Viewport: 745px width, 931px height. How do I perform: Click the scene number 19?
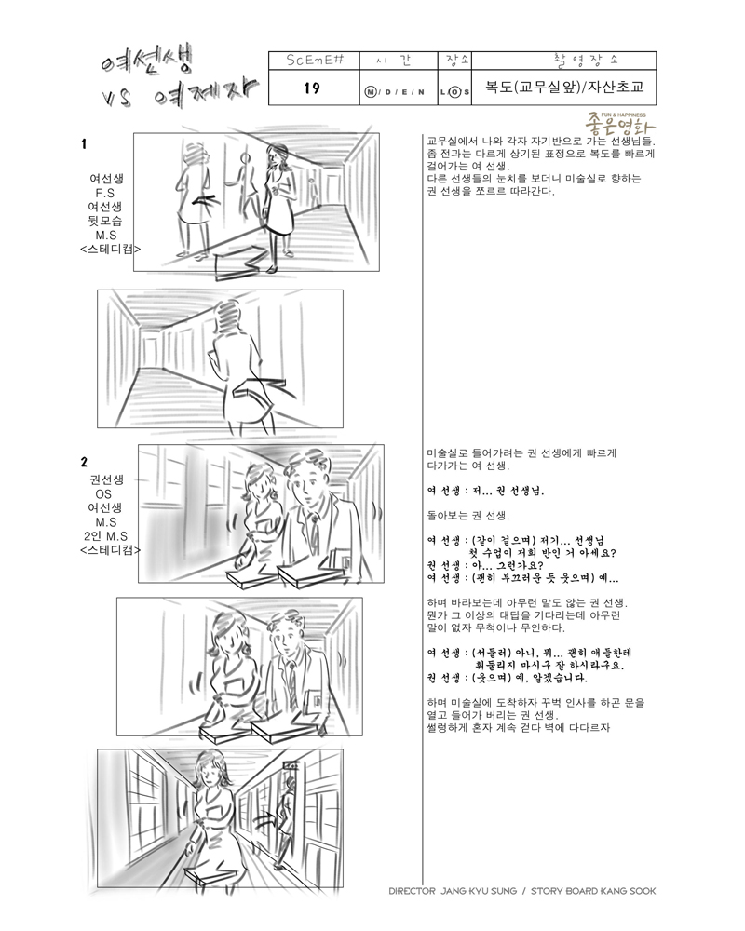[x=312, y=88]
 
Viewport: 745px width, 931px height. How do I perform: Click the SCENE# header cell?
[x=314, y=61]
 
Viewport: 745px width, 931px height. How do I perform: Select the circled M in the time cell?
[x=371, y=92]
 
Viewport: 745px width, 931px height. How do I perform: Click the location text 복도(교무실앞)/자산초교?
[x=563, y=87]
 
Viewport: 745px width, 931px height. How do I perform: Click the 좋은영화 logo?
[x=619, y=124]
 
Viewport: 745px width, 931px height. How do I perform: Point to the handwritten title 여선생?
[x=146, y=61]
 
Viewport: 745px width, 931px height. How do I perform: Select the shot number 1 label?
[x=84, y=143]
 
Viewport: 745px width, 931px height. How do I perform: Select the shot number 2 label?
[x=85, y=462]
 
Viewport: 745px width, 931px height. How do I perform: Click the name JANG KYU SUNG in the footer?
[x=479, y=891]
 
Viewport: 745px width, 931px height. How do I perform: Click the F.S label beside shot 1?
[x=104, y=193]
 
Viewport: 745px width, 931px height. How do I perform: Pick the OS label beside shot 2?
[x=103, y=493]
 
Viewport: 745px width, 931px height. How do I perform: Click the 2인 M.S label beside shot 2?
[x=105, y=536]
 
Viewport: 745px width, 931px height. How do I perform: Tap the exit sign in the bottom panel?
[x=291, y=766]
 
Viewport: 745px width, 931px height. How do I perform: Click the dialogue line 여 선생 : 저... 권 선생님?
[x=485, y=491]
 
